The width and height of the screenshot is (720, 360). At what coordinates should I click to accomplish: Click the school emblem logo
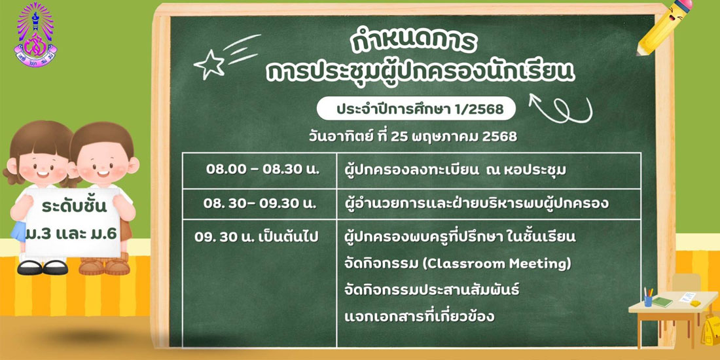35,35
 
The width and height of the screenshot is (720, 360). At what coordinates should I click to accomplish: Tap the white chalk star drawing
209,65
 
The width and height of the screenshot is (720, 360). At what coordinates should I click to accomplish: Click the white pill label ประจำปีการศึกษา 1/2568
416,109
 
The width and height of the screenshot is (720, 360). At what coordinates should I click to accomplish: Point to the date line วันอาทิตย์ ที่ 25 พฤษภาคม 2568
413,136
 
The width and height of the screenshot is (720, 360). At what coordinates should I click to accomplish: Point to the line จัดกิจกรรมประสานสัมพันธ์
431,290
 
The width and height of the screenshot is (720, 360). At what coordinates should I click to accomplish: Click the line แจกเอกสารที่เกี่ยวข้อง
419,316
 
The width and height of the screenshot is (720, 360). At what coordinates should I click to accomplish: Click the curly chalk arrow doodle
561,109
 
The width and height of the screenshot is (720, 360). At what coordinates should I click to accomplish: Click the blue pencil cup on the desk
648,300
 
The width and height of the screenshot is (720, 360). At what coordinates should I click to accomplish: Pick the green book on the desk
662,302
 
